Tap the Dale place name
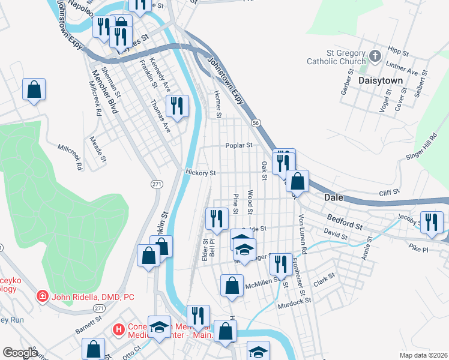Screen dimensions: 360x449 [334, 197]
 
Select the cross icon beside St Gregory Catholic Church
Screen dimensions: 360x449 [375, 57]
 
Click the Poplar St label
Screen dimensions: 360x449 [238, 145]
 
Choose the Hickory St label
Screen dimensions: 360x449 [200, 173]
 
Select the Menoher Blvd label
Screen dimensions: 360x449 [102, 92]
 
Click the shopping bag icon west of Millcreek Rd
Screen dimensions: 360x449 [34, 90]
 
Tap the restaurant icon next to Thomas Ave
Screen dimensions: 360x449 [177, 106]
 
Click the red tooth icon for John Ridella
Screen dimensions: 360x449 [42, 296]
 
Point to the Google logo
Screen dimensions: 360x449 [20, 353]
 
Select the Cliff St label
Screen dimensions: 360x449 [389, 193]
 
